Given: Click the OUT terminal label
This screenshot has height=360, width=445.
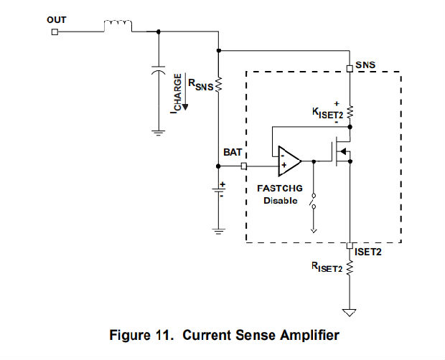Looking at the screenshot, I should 57,19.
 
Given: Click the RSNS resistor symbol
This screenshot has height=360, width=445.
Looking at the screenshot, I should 218,85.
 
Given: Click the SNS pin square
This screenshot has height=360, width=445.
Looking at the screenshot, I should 349,69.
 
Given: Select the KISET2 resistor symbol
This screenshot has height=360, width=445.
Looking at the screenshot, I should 349,113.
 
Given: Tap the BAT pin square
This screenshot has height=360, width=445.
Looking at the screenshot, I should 244,166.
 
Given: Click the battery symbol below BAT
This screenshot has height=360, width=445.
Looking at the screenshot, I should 218,192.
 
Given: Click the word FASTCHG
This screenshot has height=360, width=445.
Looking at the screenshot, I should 280,189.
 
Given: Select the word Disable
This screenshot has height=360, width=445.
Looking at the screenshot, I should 280,200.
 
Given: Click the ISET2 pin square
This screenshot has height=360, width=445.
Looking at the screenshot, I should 349,245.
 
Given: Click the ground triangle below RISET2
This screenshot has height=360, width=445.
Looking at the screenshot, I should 349,313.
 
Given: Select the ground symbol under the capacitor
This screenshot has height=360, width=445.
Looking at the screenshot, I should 158,131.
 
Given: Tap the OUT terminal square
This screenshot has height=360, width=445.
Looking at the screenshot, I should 55,32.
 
